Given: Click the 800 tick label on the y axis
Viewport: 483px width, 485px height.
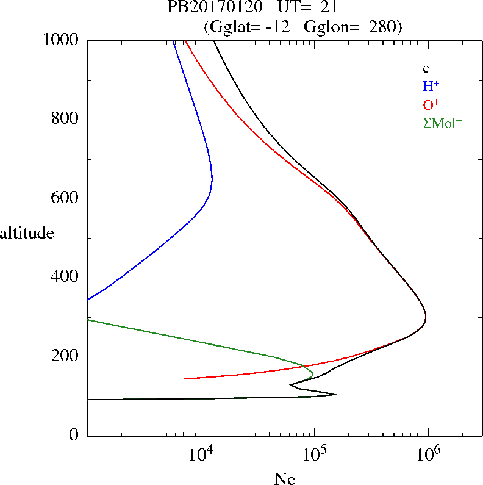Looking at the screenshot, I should tap(66, 120).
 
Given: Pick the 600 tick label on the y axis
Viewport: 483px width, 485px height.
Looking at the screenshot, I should tap(66, 199).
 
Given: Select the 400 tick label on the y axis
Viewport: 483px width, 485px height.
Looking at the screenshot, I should tap(66, 278).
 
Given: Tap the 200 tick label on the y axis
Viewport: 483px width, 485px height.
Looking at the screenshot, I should tap(66, 357).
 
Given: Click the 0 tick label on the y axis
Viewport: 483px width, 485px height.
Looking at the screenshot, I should tap(74, 436).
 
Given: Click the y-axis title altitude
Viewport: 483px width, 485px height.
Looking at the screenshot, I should tap(27, 232).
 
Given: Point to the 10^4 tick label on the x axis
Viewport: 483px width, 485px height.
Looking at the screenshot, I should tap(201, 454).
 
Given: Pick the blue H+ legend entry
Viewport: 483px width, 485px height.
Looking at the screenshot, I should tap(431, 87).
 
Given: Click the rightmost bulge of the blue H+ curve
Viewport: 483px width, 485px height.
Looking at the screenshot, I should tap(212, 179).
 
